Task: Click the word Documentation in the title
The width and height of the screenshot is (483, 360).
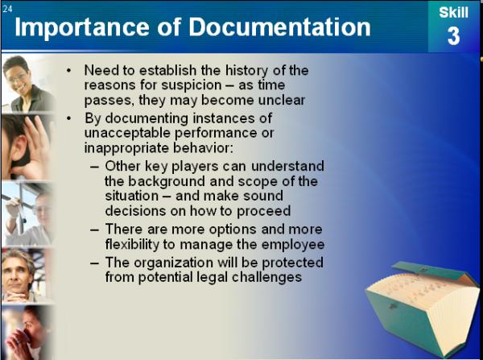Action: pyautogui.click(x=279, y=27)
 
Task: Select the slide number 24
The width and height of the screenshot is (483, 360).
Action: pyautogui.click(x=7, y=8)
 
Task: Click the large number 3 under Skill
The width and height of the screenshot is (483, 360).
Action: pyautogui.click(x=453, y=36)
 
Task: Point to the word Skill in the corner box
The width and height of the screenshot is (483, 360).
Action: pyautogui.click(x=453, y=13)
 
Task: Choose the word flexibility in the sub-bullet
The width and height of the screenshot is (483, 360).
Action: pyautogui.click(x=132, y=244)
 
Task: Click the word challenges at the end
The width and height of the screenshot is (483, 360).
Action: pyautogui.click(x=266, y=277)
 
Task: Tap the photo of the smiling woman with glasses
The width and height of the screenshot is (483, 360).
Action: pyautogui.click(x=28, y=83)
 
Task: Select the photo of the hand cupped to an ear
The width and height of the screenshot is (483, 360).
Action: pyautogui.click(x=27, y=147)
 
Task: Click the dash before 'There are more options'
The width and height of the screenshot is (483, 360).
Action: pyautogui.click(x=94, y=230)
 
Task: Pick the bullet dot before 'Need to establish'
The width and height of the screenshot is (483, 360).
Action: pyautogui.click(x=68, y=71)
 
